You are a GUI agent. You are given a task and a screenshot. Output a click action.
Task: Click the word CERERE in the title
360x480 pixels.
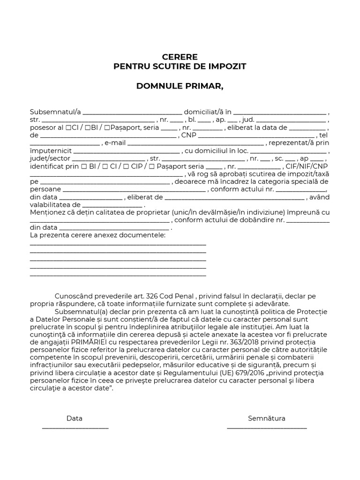tap(180, 57)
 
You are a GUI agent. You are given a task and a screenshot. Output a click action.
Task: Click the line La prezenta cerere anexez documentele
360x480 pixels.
tap(97, 234)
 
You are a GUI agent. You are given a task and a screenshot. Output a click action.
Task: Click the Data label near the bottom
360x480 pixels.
tap(74, 418)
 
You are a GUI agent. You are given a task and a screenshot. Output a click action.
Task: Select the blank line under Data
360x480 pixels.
tap(75, 427)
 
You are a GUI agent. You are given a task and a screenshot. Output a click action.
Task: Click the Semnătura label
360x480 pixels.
tap(266, 418)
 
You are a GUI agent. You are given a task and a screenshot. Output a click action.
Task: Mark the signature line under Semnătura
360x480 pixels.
tap(267, 427)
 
